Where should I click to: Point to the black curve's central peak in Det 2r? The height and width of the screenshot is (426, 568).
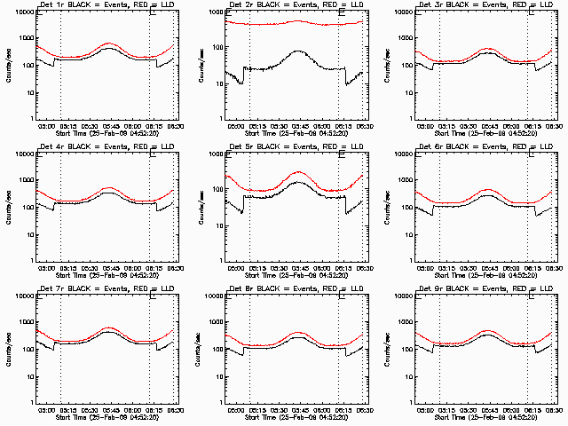click(297, 51)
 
